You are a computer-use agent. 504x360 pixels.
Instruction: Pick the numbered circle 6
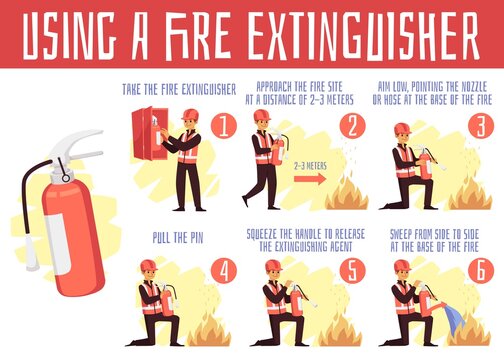[x=478, y=271]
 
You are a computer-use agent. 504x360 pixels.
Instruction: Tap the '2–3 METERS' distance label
[x=313, y=168]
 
